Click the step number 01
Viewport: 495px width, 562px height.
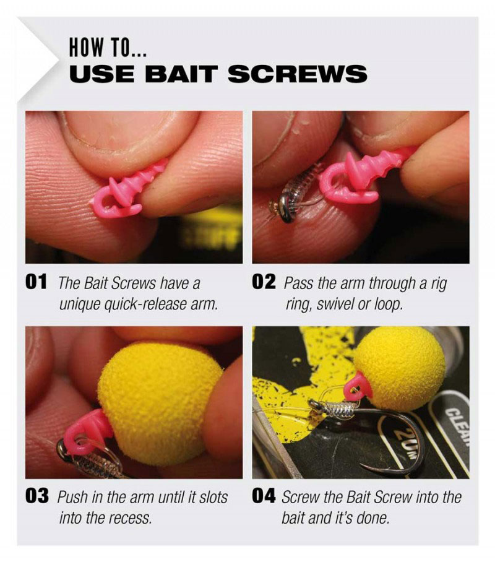tap(37, 283)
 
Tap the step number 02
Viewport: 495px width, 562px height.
tap(264, 283)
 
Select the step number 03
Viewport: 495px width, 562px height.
tap(37, 497)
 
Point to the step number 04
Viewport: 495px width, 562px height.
tap(264, 497)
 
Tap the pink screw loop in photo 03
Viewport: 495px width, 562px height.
tap(87, 431)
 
